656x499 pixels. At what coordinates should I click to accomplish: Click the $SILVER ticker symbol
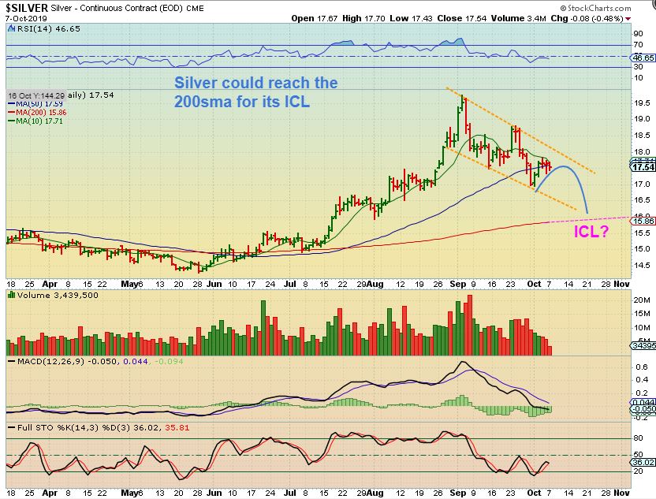[x=28, y=7]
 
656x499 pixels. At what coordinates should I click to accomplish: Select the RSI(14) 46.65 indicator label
[x=35, y=32]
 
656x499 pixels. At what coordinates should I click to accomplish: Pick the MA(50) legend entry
[x=31, y=104]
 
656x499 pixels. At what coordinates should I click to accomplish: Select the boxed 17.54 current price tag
[x=643, y=167]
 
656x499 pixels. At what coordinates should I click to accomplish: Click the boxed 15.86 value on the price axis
[x=643, y=222]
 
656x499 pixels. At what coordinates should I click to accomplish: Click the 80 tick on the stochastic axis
[x=639, y=438]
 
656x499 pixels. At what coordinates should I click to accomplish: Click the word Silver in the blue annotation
[x=195, y=84]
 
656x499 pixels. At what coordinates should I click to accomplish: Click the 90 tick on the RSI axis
[x=638, y=34]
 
